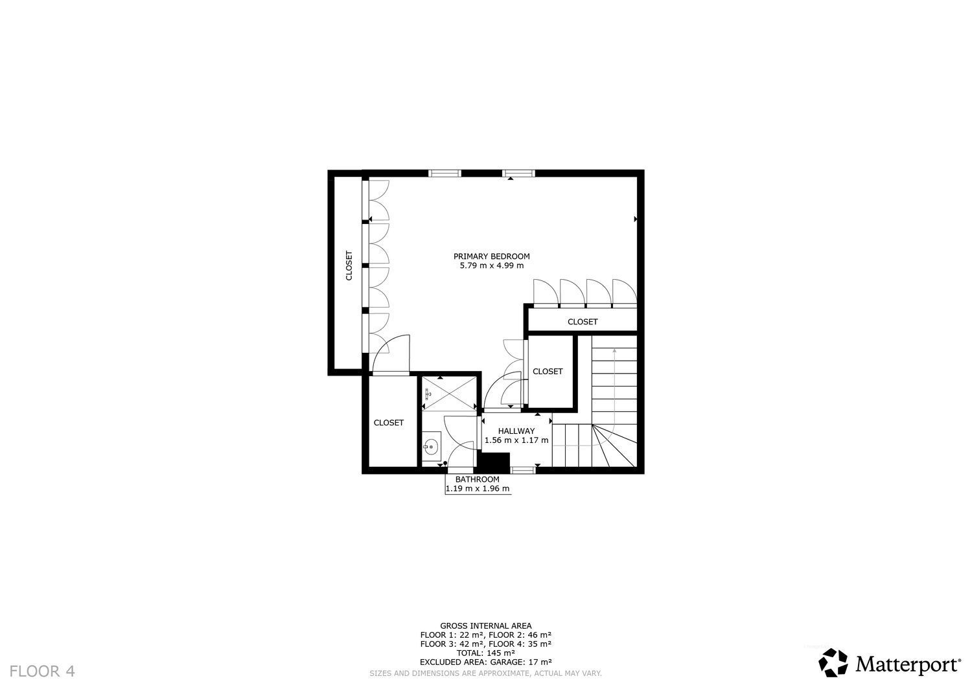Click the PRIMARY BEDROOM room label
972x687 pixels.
click(492, 256)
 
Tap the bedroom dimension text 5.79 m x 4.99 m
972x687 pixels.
click(492, 265)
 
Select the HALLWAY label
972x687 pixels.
click(516, 431)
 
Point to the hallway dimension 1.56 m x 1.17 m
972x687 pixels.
click(516, 440)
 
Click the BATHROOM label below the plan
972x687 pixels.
click(478, 479)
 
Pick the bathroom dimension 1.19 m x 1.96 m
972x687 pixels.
click(478, 489)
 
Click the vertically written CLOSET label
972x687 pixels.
click(349, 265)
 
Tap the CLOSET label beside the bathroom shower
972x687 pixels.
click(389, 422)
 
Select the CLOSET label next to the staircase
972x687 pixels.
click(548, 371)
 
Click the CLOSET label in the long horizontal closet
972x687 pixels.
click(583, 322)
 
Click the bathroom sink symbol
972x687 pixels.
click(431, 446)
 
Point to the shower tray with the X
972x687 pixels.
click(450, 394)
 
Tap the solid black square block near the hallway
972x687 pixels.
click(493, 463)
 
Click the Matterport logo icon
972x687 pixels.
click(833, 662)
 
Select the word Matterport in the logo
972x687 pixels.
click(907, 664)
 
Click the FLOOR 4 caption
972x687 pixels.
click(42, 671)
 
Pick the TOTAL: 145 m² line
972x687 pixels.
click(485, 653)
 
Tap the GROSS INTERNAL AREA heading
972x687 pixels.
click(485, 626)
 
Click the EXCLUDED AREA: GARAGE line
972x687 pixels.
click(485, 662)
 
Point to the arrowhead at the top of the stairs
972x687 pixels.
click(614, 350)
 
